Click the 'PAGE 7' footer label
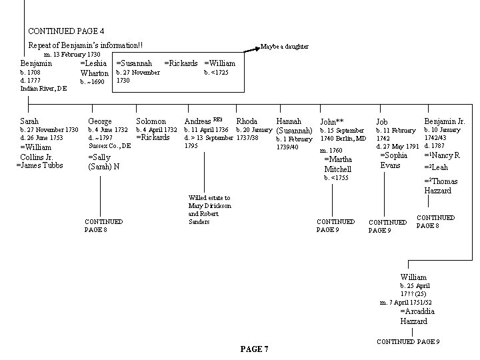[x=254, y=349]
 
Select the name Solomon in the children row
[x=151, y=121]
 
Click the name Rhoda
[x=247, y=121]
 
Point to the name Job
[x=381, y=122]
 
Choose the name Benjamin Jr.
[x=445, y=121]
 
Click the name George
[x=100, y=121]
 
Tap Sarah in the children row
[x=30, y=121]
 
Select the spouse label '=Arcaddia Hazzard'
[x=418, y=316]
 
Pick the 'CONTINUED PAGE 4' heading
[x=65, y=31]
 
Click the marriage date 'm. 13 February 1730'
[x=72, y=55]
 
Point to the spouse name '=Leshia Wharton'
[x=95, y=68]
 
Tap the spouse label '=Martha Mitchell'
[x=337, y=165]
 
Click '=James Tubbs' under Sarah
[x=39, y=165]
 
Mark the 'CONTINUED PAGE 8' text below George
[x=103, y=225]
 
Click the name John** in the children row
[x=331, y=122]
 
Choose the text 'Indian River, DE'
[x=43, y=88]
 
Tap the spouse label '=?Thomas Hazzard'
[x=441, y=186]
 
